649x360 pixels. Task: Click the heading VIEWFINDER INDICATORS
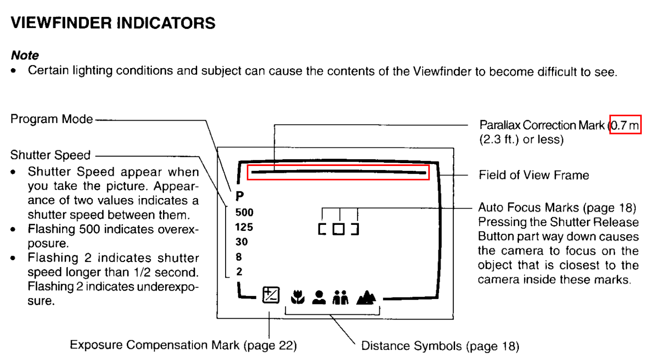pyautogui.click(x=113, y=23)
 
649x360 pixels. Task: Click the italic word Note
pyautogui.click(x=25, y=55)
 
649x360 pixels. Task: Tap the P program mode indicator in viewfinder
pyautogui.click(x=240, y=196)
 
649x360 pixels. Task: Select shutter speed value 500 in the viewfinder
pyautogui.click(x=244, y=212)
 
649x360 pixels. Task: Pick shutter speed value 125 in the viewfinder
pyautogui.click(x=244, y=227)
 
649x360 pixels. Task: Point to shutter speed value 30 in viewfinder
pyautogui.click(x=241, y=242)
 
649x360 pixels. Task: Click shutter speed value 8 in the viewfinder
pyautogui.click(x=239, y=257)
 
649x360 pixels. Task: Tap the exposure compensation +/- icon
pyautogui.click(x=271, y=295)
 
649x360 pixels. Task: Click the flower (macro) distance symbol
pyautogui.click(x=298, y=297)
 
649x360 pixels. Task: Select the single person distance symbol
pyautogui.click(x=319, y=297)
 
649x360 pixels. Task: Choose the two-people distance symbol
pyautogui.click(x=340, y=297)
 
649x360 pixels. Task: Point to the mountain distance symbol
pyautogui.click(x=366, y=297)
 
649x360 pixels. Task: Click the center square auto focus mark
pyautogui.click(x=339, y=229)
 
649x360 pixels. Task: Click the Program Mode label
pyautogui.click(x=52, y=119)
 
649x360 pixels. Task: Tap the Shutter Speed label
pyautogui.click(x=50, y=155)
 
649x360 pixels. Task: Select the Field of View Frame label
pyautogui.click(x=534, y=175)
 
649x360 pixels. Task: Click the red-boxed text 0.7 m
pyautogui.click(x=625, y=125)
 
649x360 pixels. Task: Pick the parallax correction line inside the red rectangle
pyautogui.click(x=338, y=172)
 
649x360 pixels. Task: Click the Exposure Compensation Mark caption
pyautogui.click(x=183, y=345)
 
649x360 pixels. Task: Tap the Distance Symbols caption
pyautogui.click(x=440, y=346)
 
